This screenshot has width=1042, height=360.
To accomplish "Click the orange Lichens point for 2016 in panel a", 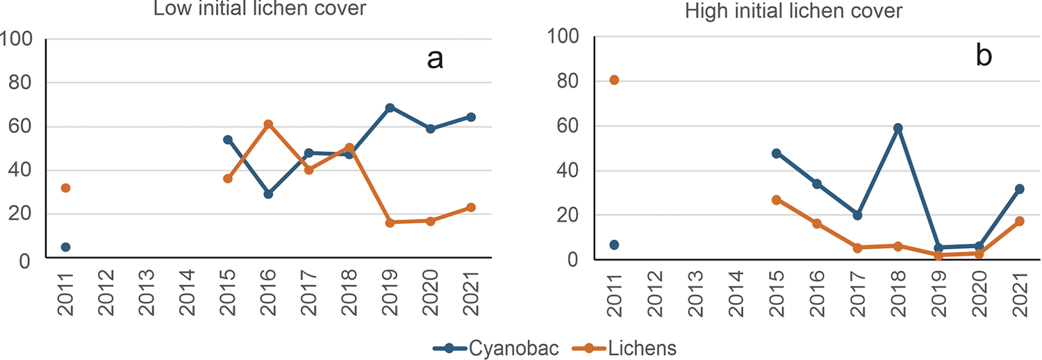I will pyautogui.click(x=268, y=124).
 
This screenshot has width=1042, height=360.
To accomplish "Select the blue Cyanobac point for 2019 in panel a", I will pyautogui.click(x=390, y=108).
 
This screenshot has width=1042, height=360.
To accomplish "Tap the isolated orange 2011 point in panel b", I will pyautogui.click(x=614, y=80).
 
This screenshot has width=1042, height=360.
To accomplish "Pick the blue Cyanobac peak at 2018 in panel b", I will pyautogui.click(x=898, y=128).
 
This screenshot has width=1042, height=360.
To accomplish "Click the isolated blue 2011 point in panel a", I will pyautogui.click(x=65, y=247).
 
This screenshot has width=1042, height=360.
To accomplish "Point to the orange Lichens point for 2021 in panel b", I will pyautogui.click(x=1019, y=221).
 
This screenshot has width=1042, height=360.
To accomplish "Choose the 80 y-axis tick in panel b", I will pyautogui.click(x=569, y=82).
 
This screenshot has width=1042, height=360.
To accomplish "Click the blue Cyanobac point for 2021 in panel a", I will pyautogui.click(x=471, y=117).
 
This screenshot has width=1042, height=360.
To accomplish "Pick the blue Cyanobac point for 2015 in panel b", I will pyautogui.click(x=777, y=153).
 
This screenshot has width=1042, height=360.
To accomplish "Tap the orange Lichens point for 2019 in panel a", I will pyautogui.click(x=390, y=222).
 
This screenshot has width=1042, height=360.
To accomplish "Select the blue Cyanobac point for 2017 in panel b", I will pyautogui.click(x=857, y=215).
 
